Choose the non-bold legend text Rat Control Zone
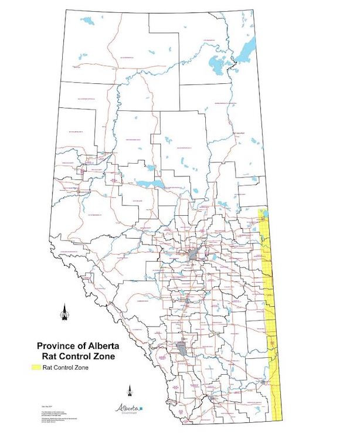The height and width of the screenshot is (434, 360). pos(73,368)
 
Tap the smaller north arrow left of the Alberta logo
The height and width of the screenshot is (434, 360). pos(130,391)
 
